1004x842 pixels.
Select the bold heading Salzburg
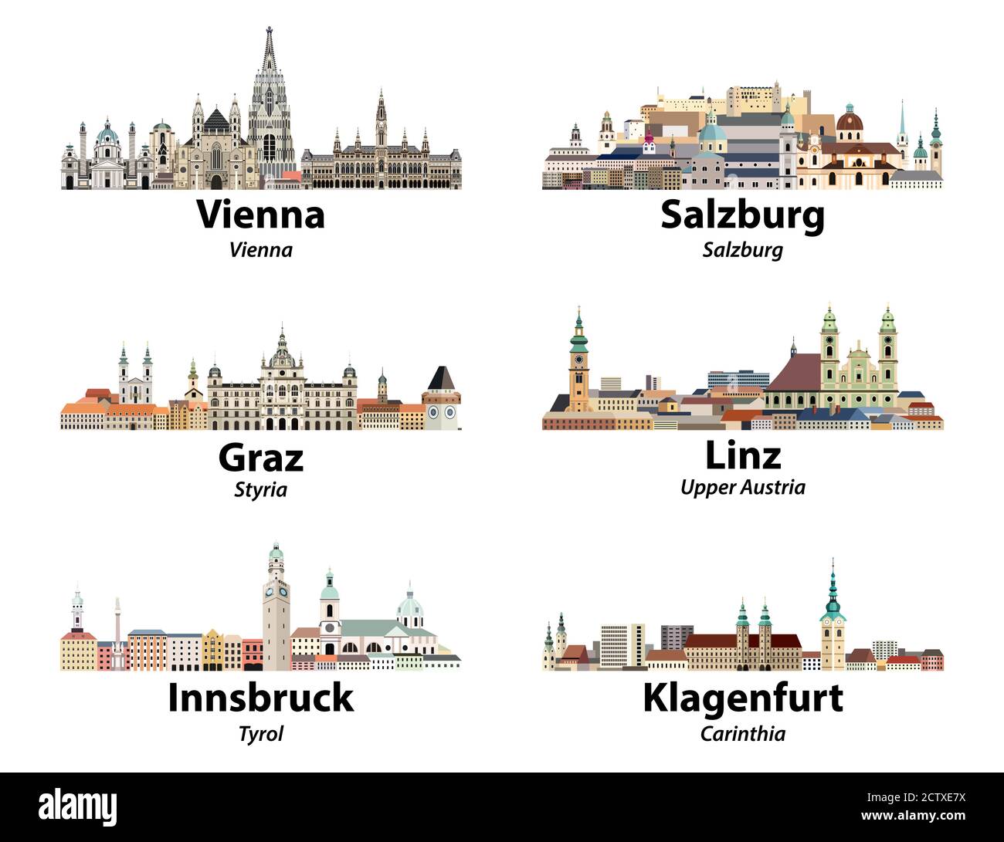742,215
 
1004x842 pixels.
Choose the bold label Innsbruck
261,698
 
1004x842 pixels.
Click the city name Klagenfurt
743,698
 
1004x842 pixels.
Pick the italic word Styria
261,489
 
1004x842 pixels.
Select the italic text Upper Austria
743,487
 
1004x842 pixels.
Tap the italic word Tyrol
261,732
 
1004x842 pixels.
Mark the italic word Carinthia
743,733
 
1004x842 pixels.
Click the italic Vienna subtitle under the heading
261,249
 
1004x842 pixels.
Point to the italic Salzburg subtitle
743,250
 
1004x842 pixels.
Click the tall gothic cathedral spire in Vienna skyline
269,100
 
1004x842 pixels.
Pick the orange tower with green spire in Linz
578,363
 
